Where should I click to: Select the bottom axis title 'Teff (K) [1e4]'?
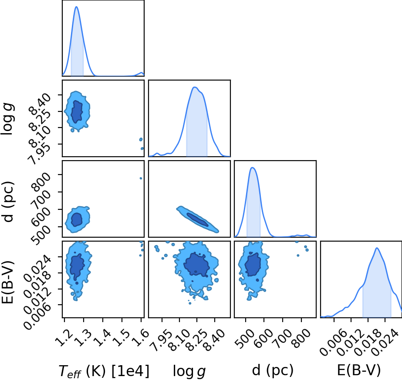point(104,371)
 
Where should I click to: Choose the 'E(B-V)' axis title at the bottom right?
point(359,370)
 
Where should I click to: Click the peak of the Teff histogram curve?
point(76,7)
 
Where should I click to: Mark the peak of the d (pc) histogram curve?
point(253,168)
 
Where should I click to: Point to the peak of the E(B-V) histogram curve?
point(377,248)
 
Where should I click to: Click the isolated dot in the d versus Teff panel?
point(141,178)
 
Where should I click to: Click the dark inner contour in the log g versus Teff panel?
point(77,112)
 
